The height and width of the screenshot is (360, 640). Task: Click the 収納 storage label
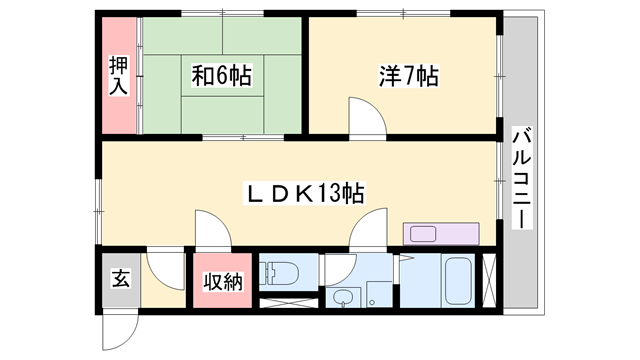click(222, 283)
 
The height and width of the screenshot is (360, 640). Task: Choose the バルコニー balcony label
click(520, 177)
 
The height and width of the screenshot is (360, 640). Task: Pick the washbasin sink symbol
click(345, 296)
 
